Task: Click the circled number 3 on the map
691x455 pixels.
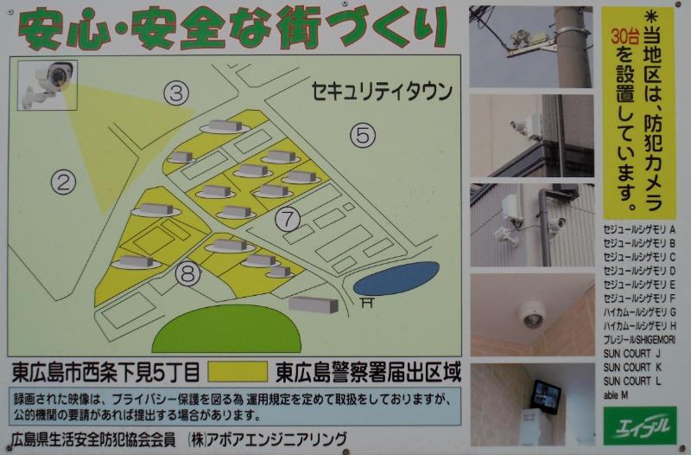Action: pyautogui.click(x=177, y=93)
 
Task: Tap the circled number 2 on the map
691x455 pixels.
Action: pyautogui.click(x=63, y=181)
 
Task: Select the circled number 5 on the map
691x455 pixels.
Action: pyautogui.click(x=363, y=134)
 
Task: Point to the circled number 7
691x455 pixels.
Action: pyautogui.click(x=288, y=218)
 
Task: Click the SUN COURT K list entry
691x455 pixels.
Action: pyautogui.click(x=633, y=367)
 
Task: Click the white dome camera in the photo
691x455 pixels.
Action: pyautogui.click(x=533, y=314)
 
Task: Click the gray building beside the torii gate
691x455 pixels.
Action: pyautogui.click(x=313, y=303)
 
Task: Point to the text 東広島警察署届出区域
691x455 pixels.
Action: pyautogui.click(x=367, y=373)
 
